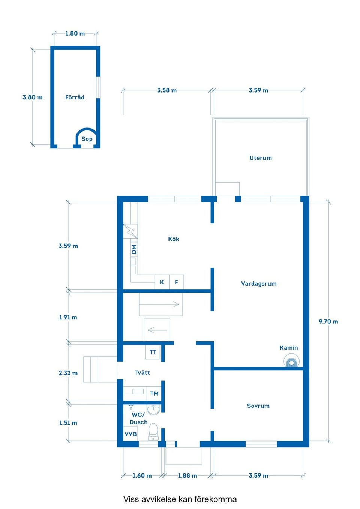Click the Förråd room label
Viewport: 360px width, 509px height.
(x=75, y=97)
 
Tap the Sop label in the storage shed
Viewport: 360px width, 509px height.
(x=87, y=139)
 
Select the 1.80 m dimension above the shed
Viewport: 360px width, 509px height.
(x=75, y=33)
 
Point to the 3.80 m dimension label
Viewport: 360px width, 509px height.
(x=32, y=97)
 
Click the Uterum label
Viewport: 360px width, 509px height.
(x=261, y=158)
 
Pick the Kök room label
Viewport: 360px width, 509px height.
(x=173, y=239)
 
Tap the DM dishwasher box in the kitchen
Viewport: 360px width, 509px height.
(x=134, y=249)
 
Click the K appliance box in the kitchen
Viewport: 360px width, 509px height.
(x=162, y=282)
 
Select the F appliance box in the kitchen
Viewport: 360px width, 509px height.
(x=176, y=282)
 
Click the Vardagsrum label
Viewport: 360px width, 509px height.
(x=259, y=284)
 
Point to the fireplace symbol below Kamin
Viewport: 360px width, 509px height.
(x=291, y=362)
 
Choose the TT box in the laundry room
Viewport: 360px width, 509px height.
(x=153, y=352)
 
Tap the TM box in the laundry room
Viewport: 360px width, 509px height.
(x=154, y=394)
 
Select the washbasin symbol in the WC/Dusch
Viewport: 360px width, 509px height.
(x=153, y=409)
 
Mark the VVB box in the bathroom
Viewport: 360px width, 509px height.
(x=130, y=434)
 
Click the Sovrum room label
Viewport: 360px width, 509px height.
(x=258, y=406)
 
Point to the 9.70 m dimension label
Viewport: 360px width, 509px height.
(x=328, y=322)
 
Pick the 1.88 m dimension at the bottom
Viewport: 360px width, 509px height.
(x=187, y=475)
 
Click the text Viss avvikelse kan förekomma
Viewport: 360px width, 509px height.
(x=180, y=499)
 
